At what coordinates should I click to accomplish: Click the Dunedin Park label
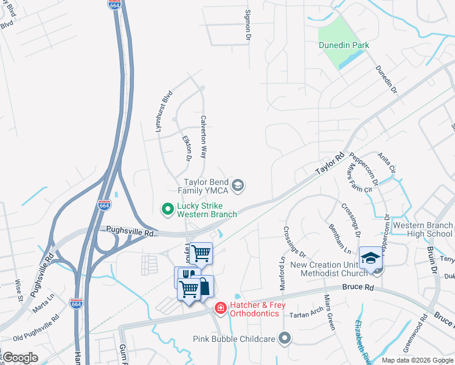click(344, 45)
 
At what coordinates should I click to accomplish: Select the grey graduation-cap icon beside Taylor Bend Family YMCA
click(238, 186)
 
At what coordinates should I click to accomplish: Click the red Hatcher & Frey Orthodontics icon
click(220, 310)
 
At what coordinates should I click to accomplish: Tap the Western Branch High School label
click(423, 229)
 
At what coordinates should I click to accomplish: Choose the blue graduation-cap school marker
click(370, 257)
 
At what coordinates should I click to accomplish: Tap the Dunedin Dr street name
click(386, 80)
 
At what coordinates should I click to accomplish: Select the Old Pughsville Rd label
click(36, 327)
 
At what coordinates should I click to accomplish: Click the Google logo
click(21, 358)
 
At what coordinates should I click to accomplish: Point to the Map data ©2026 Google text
click(417, 360)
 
